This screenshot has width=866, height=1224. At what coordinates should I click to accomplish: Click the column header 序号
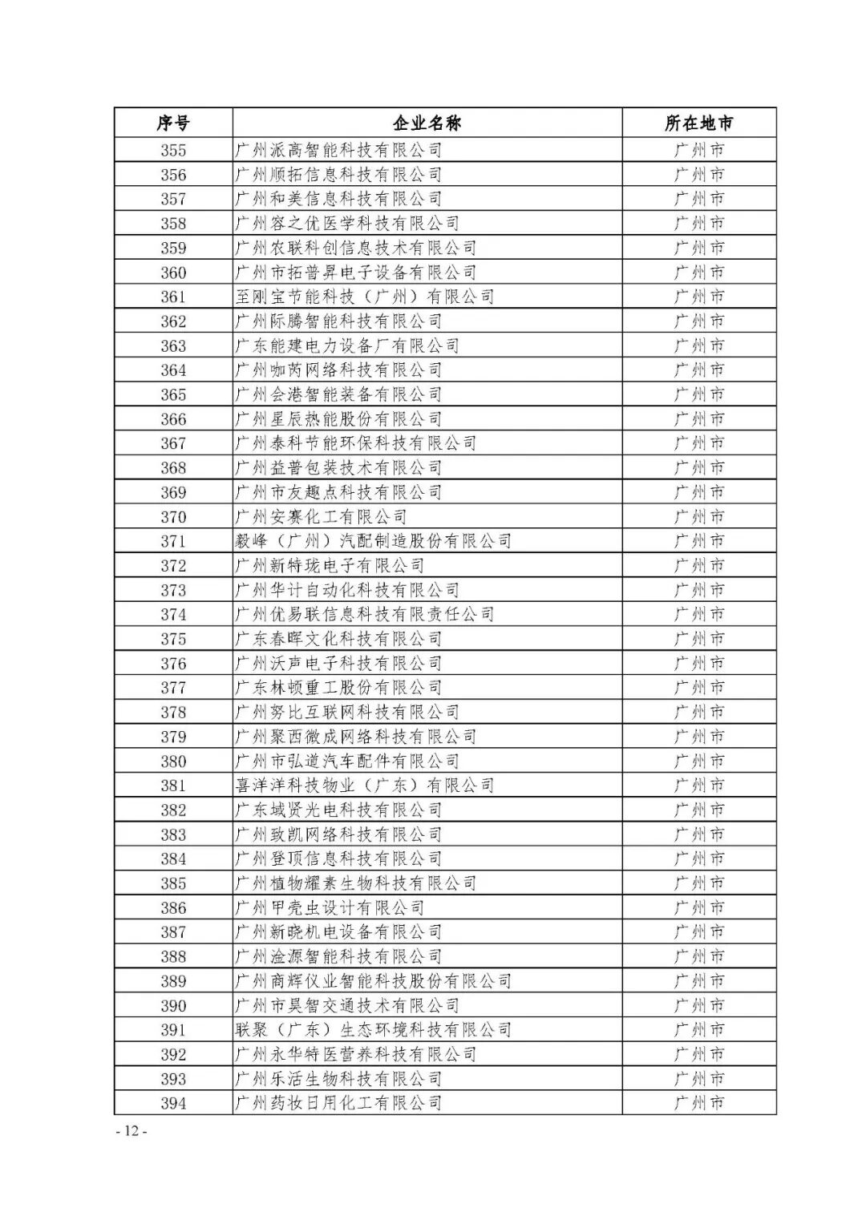click(173, 123)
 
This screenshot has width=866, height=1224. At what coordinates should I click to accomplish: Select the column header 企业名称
click(427, 123)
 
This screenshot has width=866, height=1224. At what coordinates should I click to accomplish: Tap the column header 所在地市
click(698, 123)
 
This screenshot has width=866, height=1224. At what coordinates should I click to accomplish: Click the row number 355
click(173, 150)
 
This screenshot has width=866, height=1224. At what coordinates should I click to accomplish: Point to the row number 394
click(173, 1103)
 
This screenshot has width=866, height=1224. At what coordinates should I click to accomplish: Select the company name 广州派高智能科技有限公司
click(338, 150)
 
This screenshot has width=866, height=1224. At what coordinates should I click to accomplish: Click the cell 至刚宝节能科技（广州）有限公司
click(365, 297)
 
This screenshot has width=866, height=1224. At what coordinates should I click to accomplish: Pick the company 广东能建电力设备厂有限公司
click(347, 345)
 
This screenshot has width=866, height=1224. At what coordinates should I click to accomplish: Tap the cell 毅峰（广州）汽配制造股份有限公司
click(374, 541)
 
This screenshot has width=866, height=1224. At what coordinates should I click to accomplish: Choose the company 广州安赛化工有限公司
click(321, 517)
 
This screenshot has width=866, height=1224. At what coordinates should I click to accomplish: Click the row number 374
click(173, 615)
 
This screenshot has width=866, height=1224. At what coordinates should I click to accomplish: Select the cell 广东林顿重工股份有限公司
click(338, 688)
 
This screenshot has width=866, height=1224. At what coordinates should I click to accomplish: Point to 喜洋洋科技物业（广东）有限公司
click(365, 786)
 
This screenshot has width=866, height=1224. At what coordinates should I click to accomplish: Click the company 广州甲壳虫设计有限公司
click(330, 907)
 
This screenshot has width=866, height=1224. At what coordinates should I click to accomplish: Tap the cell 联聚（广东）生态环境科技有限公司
click(374, 1030)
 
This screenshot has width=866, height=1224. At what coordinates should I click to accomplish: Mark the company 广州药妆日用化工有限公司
click(338, 1103)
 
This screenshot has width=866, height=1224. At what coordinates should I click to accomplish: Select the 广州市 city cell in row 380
click(698, 761)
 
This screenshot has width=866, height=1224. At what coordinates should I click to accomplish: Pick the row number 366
click(173, 419)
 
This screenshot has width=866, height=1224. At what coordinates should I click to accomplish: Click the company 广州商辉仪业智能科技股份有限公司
click(374, 981)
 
